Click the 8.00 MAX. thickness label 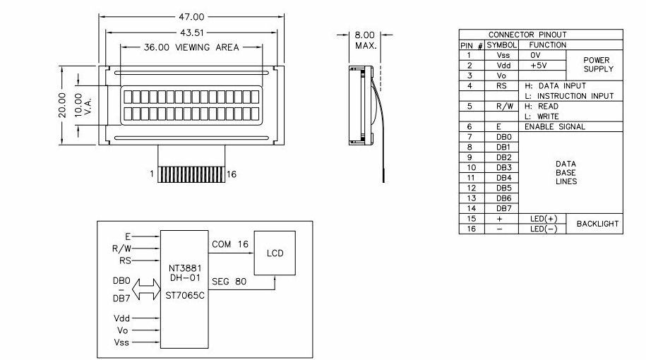[365, 40]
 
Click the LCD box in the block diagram [275, 253]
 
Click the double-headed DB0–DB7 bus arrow [146, 289]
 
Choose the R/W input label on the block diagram [121, 248]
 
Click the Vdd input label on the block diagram [121, 318]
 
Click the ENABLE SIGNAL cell [554, 127]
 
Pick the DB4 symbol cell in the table [503, 178]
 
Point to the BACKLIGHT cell [598, 224]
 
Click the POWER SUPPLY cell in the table [598, 65]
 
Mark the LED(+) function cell [543, 219]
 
